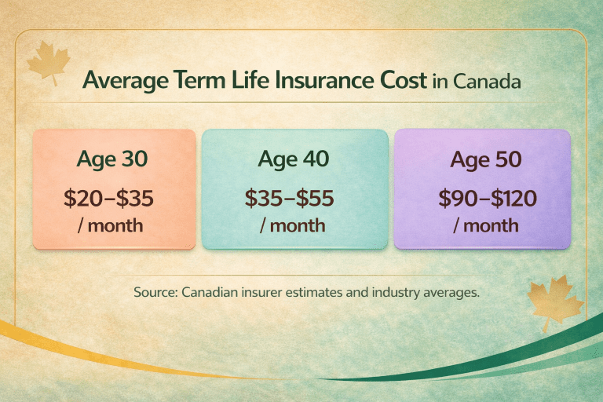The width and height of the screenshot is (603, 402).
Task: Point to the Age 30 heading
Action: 112,159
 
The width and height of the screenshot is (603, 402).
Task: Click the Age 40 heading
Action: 294,159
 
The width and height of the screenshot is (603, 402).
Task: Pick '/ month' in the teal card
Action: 293,225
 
